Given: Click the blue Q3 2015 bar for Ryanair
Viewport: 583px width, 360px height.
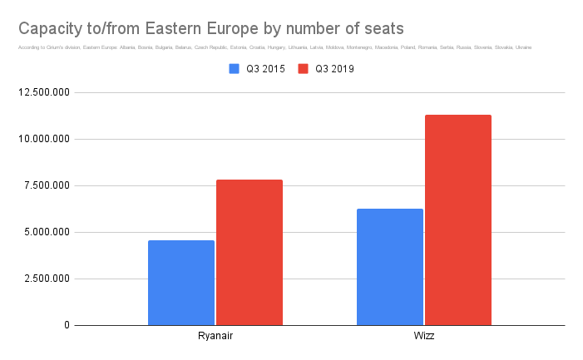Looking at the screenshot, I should [x=181, y=283].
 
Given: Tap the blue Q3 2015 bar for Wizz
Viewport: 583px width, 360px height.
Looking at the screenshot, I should [x=390, y=267].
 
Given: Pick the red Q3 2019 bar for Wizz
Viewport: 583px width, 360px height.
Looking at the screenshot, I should [x=458, y=219].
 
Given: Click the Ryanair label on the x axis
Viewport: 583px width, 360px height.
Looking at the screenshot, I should [x=215, y=336].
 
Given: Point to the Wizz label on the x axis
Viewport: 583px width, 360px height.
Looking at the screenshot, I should [x=424, y=336].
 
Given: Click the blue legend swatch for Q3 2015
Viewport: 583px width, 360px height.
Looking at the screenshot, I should [x=235, y=69].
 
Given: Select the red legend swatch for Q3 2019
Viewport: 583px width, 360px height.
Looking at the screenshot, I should [x=304, y=69].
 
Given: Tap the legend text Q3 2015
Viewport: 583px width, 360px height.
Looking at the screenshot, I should [x=264, y=69].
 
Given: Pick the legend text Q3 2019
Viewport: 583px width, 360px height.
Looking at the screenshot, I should [x=333, y=69].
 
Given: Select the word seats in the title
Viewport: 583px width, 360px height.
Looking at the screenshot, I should [x=383, y=28].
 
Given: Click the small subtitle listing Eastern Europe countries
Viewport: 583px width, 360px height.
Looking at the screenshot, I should [x=274, y=47].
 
